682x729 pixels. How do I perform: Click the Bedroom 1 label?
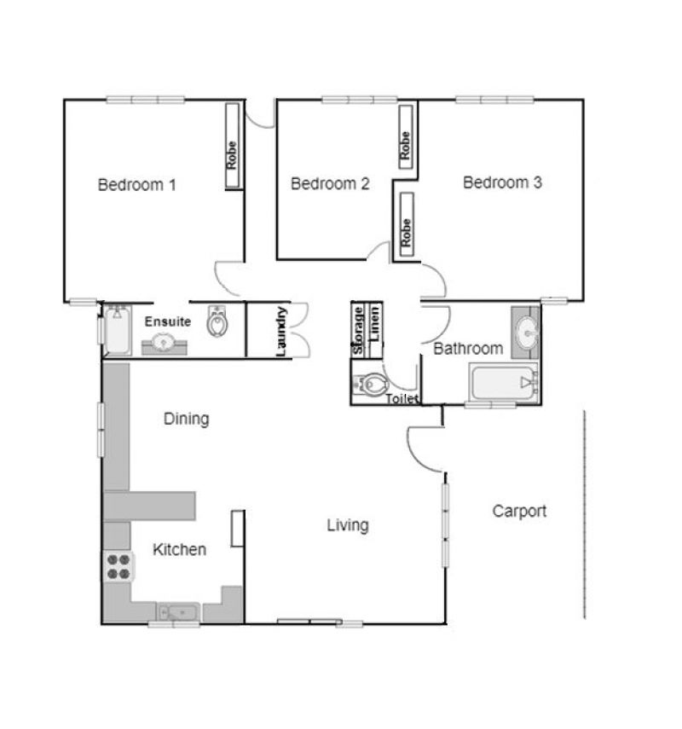click(x=136, y=185)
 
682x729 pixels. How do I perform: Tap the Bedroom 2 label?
click(x=330, y=183)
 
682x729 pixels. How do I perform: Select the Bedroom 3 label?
click(x=502, y=182)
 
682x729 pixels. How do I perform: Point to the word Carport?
click(x=519, y=512)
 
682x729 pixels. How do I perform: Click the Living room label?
click(x=348, y=525)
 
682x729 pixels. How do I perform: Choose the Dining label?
click(x=187, y=419)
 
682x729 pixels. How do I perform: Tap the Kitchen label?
click(x=179, y=550)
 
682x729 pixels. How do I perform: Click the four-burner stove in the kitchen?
click(x=118, y=567)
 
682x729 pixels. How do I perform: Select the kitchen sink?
click(x=178, y=612)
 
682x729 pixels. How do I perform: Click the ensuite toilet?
click(x=217, y=321)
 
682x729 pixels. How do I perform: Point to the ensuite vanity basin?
click(x=164, y=343)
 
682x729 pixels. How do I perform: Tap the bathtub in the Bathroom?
click(x=504, y=383)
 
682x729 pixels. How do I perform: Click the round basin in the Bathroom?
click(x=528, y=332)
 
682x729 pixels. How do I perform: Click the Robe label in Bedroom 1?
click(x=231, y=155)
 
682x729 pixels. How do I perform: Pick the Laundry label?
click(x=281, y=332)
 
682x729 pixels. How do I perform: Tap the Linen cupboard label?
click(x=375, y=323)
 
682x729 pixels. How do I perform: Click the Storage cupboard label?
click(x=358, y=331)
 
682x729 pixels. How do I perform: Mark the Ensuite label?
click(x=168, y=321)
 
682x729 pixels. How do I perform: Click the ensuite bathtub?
click(x=117, y=330)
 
